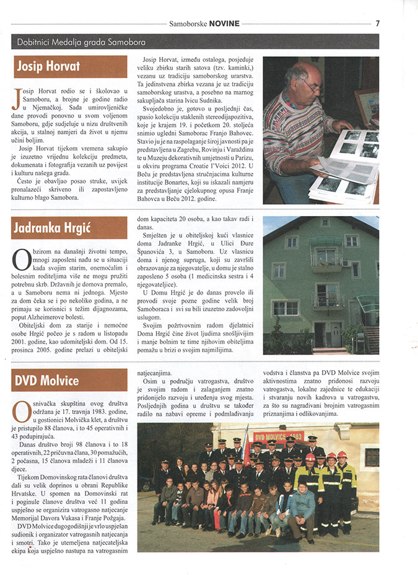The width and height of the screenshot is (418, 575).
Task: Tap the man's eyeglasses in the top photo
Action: click(310, 85)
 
